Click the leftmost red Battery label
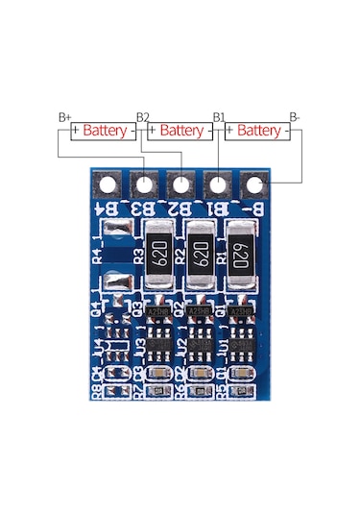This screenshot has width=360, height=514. click(x=103, y=130)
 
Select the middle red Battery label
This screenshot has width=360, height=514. click(x=180, y=130)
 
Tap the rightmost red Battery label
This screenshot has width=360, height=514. click(x=258, y=130)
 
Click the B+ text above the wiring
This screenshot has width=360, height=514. click(x=64, y=117)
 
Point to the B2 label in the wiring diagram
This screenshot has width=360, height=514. click(x=143, y=117)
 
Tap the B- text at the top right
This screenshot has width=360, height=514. click(x=295, y=117)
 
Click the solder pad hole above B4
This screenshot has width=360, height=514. click(x=107, y=184)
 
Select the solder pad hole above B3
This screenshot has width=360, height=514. click(x=143, y=184)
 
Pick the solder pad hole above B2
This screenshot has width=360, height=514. click(x=180, y=184)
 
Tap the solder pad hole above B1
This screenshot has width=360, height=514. click(x=218, y=184)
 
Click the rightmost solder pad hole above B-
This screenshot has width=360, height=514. click(x=254, y=184)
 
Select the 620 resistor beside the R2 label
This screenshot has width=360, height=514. click(x=201, y=254)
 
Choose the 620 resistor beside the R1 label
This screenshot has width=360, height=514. click(x=240, y=254)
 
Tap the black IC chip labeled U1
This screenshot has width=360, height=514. click(x=239, y=342)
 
